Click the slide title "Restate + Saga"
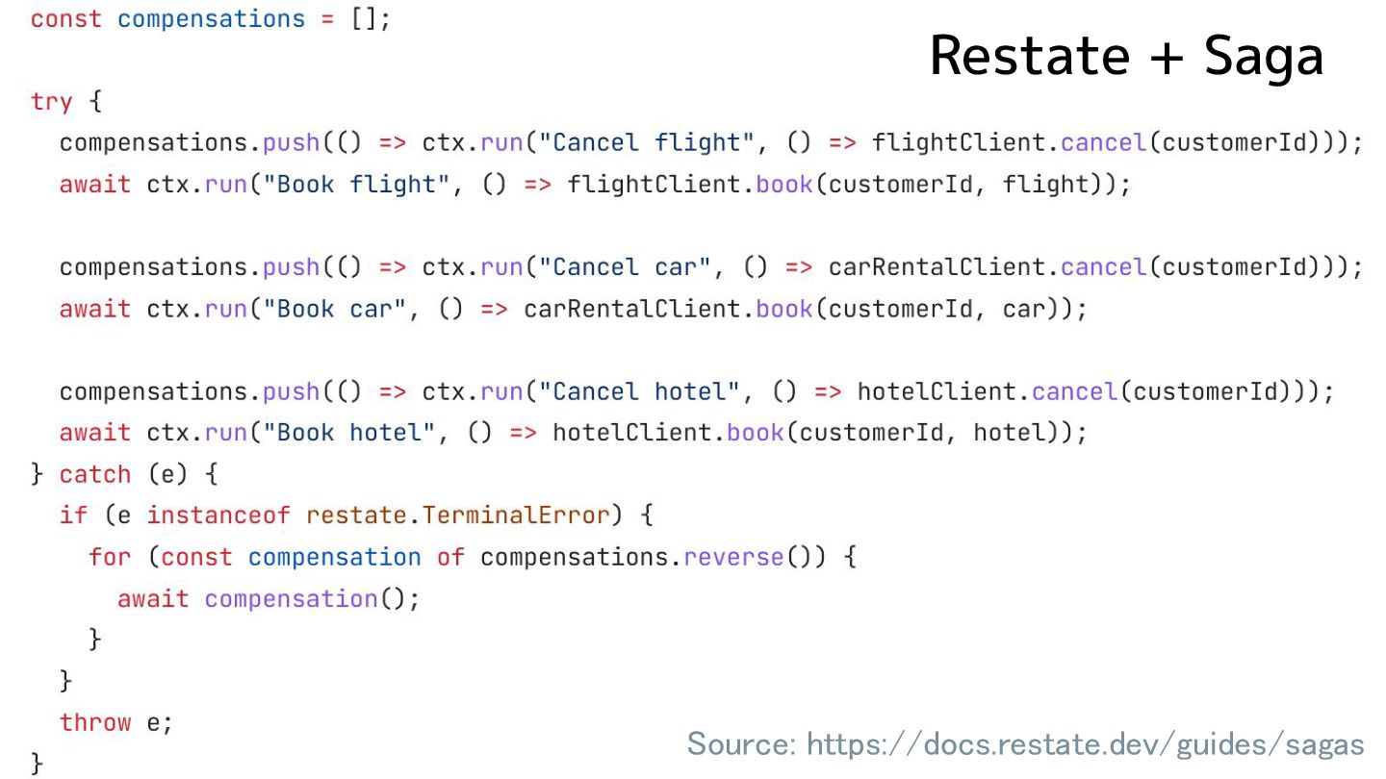pos(1126,56)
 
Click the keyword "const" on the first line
pos(65,19)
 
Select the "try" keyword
pos(51,101)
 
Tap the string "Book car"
pos(341,309)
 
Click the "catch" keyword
pos(94,474)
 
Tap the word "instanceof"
pos(218,515)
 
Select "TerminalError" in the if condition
pos(516,515)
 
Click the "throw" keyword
pos(94,722)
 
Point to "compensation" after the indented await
pos(291,598)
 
